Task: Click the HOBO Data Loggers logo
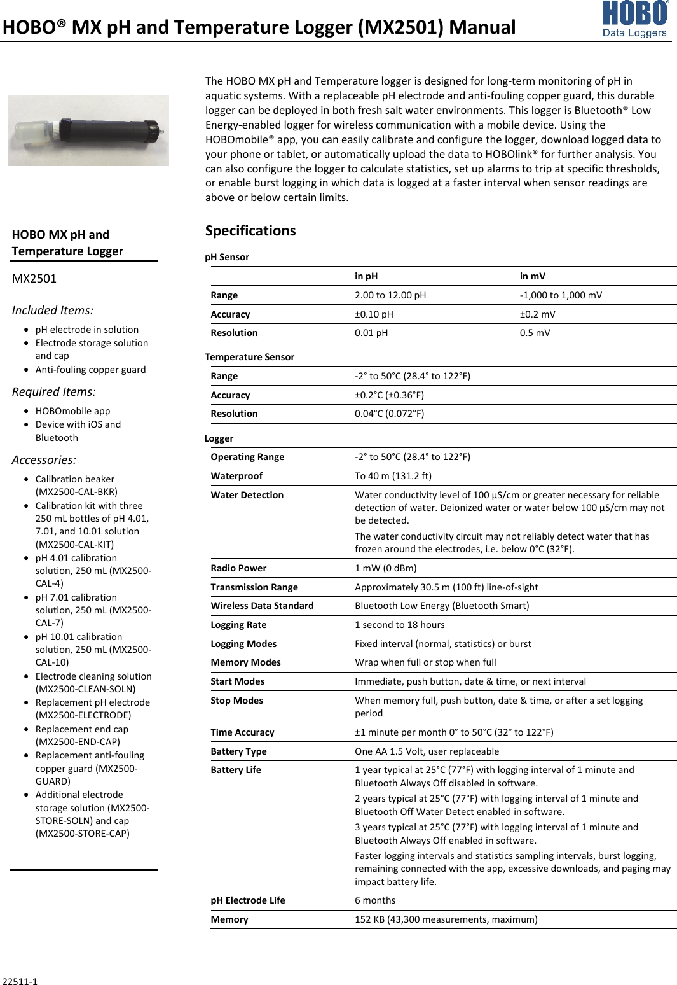(x=634, y=19)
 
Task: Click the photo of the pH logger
(x=88, y=130)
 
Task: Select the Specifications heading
(x=250, y=230)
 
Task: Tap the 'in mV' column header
(x=532, y=276)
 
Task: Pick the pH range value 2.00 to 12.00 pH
(x=390, y=295)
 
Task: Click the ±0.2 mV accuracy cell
(x=537, y=314)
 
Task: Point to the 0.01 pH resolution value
(x=371, y=333)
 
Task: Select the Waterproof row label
(x=236, y=476)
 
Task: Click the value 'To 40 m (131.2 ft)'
(x=393, y=476)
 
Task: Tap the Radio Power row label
(x=238, y=568)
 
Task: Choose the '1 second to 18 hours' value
(x=400, y=625)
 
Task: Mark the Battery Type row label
(x=238, y=751)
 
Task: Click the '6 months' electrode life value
(x=375, y=900)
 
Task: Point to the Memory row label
(x=229, y=919)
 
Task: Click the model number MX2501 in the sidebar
(x=34, y=278)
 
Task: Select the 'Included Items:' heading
(x=53, y=311)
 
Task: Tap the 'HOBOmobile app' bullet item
(x=72, y=411)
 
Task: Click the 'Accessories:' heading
(x=44, y=460)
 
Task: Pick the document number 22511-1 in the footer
(x=20, y=981)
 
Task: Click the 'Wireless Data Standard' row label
(x=262, y=606)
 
